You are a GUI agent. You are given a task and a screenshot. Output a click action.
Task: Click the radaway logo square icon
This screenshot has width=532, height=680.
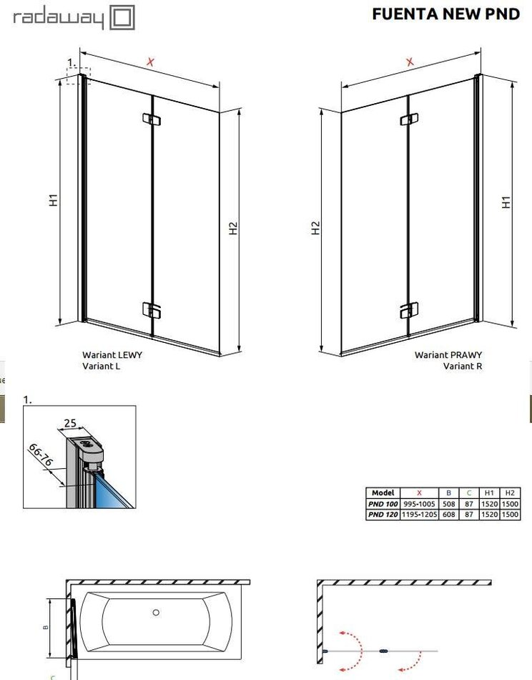(122, 18)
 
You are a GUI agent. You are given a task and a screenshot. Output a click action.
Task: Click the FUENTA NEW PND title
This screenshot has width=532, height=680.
(445, 14)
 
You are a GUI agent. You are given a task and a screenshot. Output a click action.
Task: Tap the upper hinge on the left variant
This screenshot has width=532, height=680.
(151, 119)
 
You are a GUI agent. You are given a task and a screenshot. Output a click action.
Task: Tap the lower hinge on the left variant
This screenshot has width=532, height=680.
(152, 310)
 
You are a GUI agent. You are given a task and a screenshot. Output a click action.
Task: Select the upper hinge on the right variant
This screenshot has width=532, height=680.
(409, 119)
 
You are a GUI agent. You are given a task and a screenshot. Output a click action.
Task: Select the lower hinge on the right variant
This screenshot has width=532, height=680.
(409, 310)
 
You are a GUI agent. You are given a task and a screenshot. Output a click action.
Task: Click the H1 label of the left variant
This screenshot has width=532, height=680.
(54, 200)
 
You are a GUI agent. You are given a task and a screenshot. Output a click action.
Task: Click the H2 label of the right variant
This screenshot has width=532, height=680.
(316, 228)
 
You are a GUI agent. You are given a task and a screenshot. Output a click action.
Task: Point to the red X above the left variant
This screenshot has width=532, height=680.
(150, 62)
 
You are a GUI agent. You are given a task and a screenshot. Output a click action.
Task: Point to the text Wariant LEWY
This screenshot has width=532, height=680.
(112, 355)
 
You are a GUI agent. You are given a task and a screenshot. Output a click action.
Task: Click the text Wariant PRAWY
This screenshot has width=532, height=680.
(448, 355)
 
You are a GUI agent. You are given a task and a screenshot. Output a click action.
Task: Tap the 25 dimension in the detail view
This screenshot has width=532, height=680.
(70, 423)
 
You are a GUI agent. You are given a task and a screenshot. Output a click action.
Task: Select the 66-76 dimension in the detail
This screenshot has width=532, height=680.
(40, 455)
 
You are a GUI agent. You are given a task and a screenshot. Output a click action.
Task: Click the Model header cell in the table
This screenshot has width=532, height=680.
(383, 492)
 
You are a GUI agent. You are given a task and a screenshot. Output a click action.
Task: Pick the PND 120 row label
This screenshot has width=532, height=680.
(383, 515)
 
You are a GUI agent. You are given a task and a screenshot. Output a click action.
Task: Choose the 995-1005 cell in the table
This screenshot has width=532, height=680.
(419, 504)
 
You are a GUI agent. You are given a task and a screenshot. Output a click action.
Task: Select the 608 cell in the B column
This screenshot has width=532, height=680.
(449, 515)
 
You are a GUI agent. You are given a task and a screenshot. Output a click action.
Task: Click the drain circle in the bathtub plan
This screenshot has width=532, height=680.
(156, 612)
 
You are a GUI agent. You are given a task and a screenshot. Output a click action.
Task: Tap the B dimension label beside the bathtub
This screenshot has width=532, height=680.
(46, 627)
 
